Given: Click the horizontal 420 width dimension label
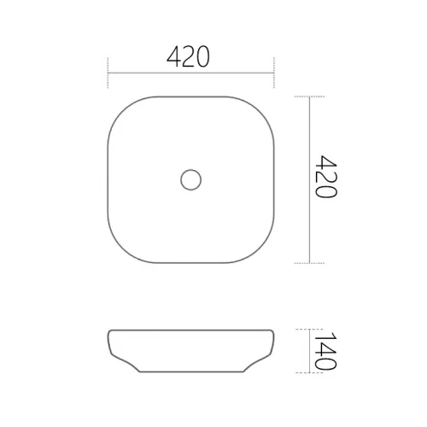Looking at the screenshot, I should (x=190, y=58).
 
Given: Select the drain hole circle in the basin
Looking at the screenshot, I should (x=190, y=179).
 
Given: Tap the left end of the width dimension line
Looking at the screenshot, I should (x=108, y=73).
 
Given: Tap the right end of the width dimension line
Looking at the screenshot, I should (x=272, y=73).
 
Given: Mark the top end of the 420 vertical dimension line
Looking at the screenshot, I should (x=308, y=97).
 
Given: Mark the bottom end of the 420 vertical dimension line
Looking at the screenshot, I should (x=308, y=262).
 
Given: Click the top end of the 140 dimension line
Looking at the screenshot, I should (x=308, y=329).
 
